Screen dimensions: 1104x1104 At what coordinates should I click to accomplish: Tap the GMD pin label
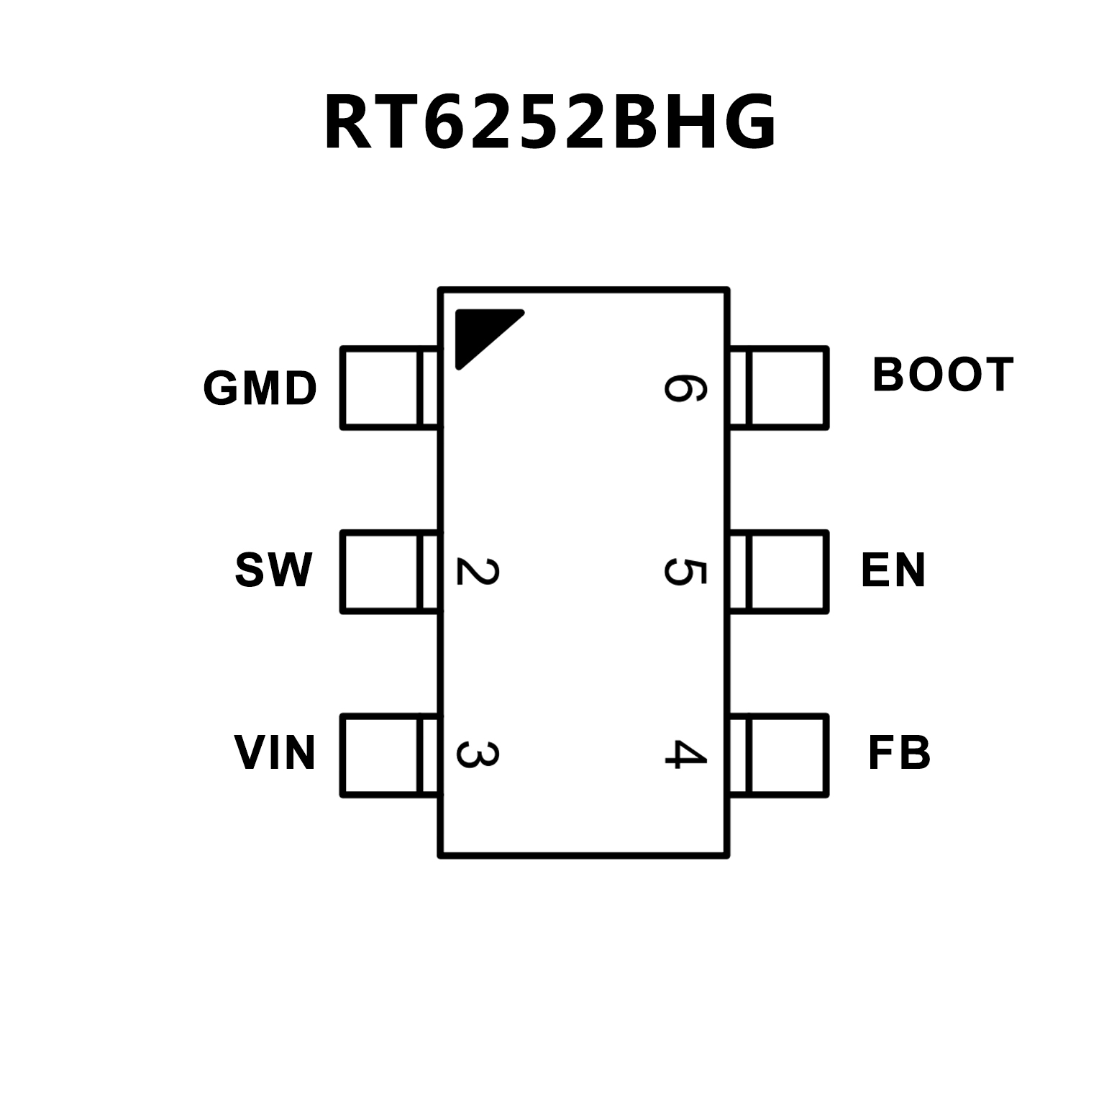point(260,388)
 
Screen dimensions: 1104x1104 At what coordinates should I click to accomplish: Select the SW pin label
point(274,570)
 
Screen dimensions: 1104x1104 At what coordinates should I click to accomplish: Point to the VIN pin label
point(275,753)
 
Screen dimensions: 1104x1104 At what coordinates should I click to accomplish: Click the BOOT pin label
point(942,375)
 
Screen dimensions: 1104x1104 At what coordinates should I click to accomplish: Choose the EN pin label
point(893,570)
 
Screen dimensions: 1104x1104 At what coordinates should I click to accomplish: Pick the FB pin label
point(899,753)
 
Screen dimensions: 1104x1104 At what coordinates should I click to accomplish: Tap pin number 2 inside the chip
point(477,572)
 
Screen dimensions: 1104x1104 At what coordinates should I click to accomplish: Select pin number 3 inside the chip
point(477,754)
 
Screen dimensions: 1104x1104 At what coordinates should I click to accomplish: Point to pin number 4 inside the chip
point(685,754)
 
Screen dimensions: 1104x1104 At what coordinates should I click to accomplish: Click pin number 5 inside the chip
point(685,572)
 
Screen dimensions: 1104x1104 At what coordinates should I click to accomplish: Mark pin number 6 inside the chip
point(685,388)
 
